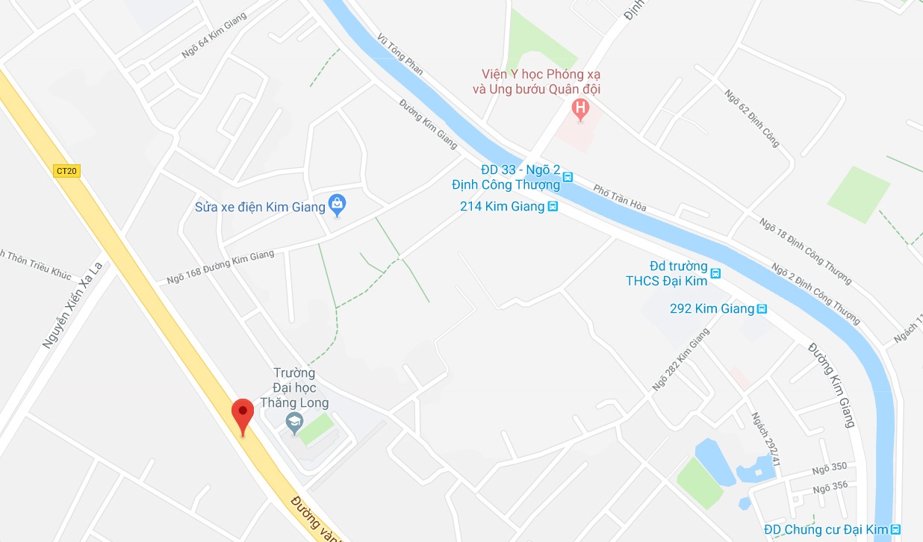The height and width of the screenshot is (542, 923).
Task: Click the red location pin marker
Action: coord(242,415)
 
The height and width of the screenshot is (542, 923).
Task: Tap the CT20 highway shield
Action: coord(67,171)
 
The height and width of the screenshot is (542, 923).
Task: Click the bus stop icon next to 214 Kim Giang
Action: coord(553,207)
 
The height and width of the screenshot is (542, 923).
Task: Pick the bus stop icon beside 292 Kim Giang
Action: coord(762,308)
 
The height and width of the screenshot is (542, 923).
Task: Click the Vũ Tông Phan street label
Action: coord(400,54)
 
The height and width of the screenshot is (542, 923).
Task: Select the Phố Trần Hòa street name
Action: coord(620,197)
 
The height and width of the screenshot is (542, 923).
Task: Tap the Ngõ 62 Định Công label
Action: coord(752,117)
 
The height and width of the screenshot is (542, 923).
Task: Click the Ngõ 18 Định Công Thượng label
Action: coord(805,242)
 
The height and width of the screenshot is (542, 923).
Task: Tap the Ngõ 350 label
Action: coord(830,467)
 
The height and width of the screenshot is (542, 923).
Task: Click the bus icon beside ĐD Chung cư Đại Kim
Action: coord(895,529)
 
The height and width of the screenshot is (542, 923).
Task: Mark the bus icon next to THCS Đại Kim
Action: coord(715,273)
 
